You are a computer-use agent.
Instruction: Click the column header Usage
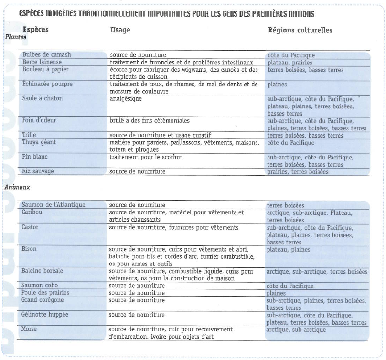click(x=120, y=30)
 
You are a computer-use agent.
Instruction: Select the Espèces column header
click(x=35, y=30)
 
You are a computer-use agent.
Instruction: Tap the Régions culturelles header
click(x=300, y=30)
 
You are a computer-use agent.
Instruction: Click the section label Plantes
click(x=16, y=37)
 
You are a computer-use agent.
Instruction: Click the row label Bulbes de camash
click(x=46, y=55)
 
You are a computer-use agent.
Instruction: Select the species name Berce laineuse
click(x=42, y=62)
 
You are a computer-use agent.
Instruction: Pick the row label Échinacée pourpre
click(x=47, y=84)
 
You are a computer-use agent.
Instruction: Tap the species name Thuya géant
click(x=40, y=142)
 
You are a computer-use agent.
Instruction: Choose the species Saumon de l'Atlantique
click(x=53, y=205)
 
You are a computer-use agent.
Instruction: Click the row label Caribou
click(x=32, y=212)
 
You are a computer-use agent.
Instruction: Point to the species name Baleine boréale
click(x=43, y=271)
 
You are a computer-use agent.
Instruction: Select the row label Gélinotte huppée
click(x=44, y=315)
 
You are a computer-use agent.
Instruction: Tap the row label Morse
click(x=29, y=329)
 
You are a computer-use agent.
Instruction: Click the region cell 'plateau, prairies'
click(x=289, y=63)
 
